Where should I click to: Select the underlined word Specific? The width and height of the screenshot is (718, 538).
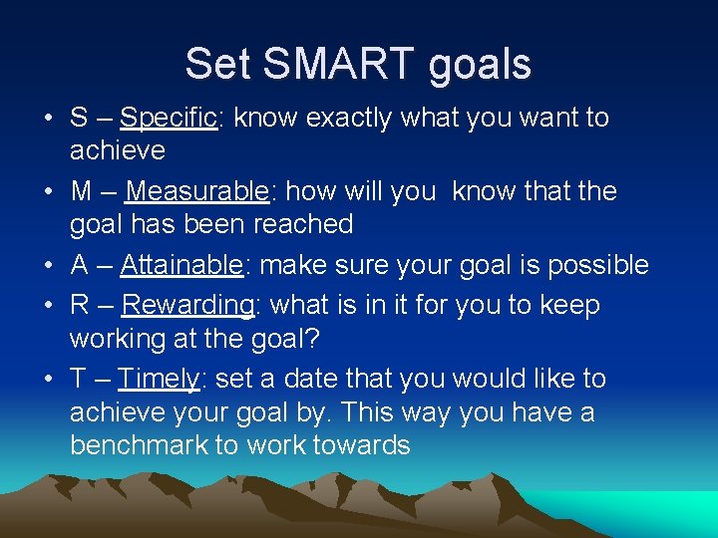pyautogui.click(x=168, y=118)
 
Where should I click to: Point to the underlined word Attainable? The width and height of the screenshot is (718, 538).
pyautogui.click(x=181, y=265)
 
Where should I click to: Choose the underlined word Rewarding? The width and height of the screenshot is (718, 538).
pyautogui.click(x=187, y=305)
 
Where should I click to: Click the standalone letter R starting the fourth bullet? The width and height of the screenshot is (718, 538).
pyautogui.click(x=80, y=305)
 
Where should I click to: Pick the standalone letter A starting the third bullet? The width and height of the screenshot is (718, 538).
pyautogui.click(x=80, y=265)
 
